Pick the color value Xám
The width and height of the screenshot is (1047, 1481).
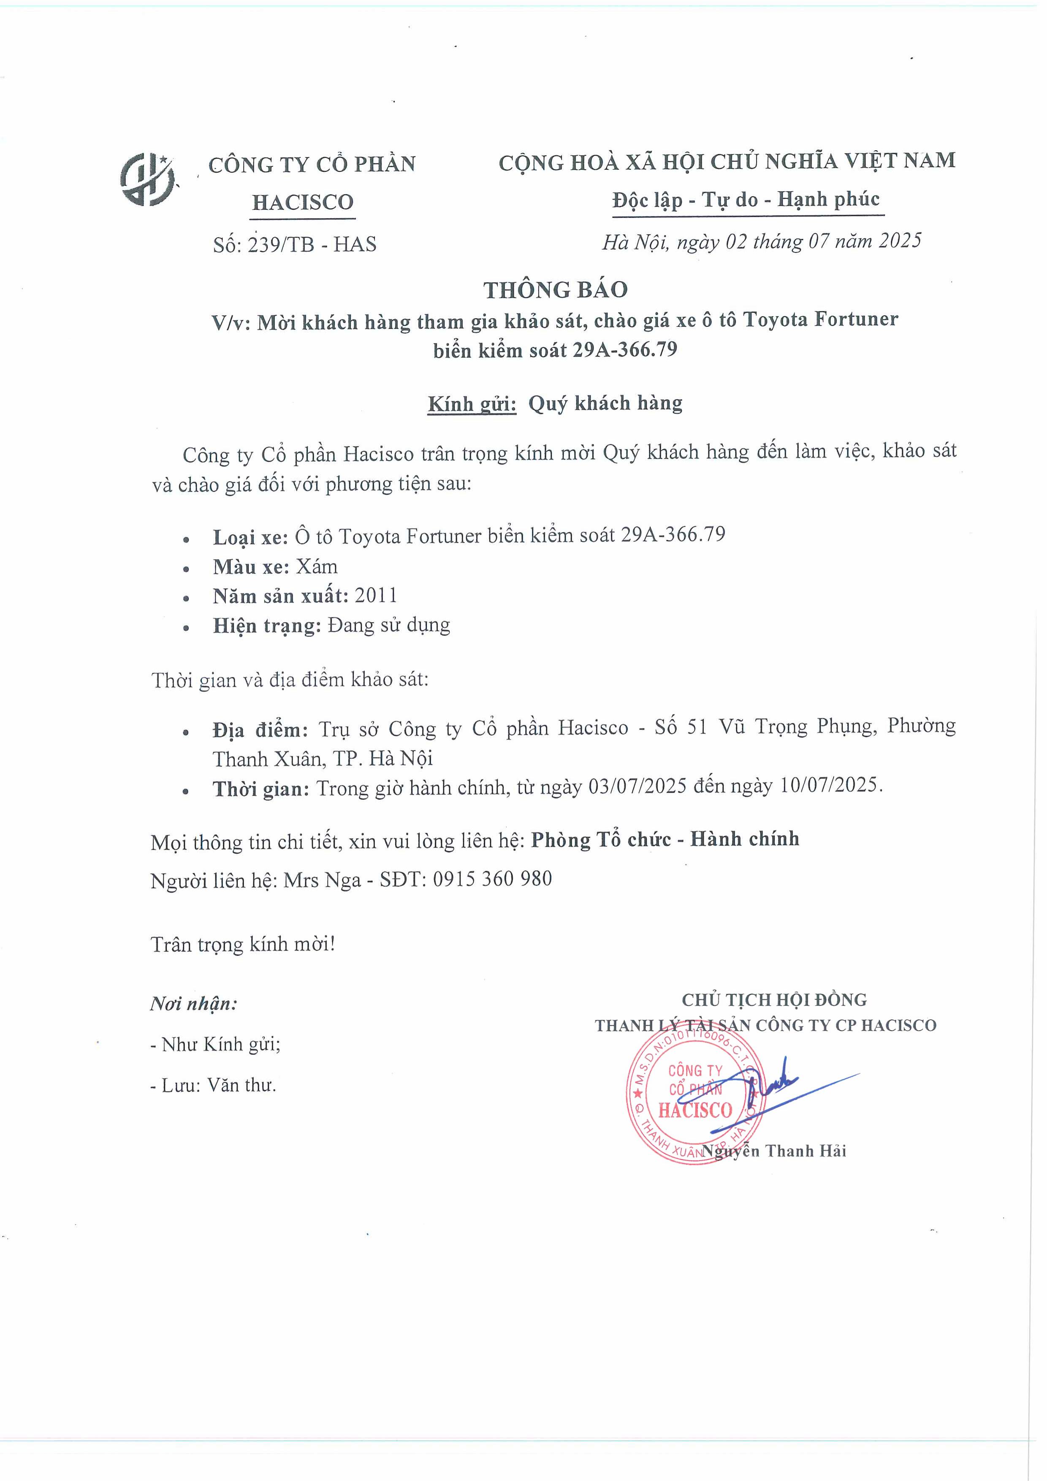click(316, 566)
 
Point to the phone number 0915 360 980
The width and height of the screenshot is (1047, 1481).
click(492, 879)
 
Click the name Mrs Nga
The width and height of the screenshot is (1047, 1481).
click(322, 880)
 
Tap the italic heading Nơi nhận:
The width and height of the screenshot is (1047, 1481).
click(193, 1003)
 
